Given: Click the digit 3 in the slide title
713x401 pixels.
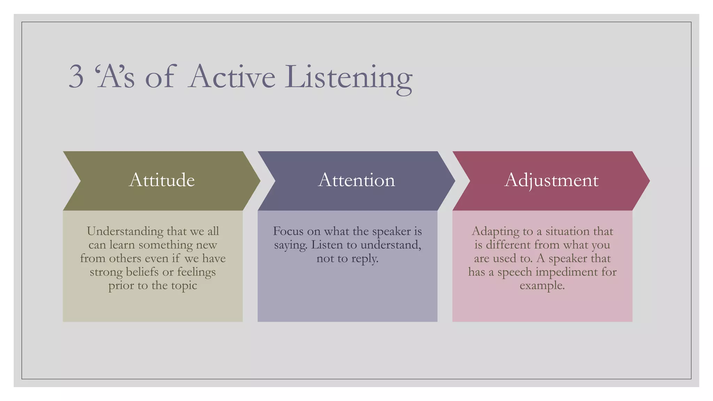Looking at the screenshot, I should point(76,76).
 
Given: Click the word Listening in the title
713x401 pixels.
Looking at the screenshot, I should point(348,77).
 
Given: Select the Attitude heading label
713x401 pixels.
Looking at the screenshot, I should point(162,180).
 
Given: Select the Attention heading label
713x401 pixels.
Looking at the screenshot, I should point(356,180).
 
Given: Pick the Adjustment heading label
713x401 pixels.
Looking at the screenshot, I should point(551,180).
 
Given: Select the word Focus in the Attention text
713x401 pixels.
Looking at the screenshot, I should point(288,231).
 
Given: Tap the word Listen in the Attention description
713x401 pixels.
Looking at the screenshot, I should point(326,245).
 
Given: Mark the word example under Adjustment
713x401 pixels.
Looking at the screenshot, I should point(542,286).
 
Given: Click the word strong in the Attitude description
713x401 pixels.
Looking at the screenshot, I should point(106,272).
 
